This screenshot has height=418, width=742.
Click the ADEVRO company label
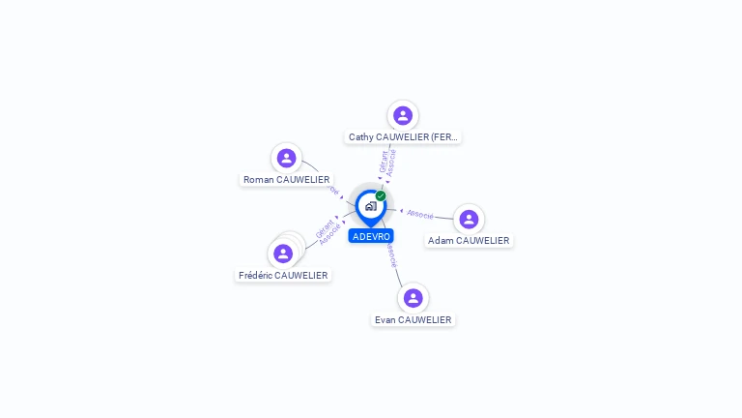(371, 236)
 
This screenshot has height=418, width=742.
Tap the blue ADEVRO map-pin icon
(370, 206)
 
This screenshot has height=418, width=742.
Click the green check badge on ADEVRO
(381, 195)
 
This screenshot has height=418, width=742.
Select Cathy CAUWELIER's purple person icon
(403, 115)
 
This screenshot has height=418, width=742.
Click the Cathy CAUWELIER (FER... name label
(403, 137)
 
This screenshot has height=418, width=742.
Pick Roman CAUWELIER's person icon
(286, 158)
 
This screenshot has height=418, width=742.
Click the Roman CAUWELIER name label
(286, 180)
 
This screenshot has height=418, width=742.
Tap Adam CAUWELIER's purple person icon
(469, 219)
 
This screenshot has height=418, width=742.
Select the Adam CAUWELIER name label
(469, 241)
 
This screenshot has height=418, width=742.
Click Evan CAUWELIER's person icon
(413, 298)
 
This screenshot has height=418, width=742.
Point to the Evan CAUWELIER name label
(413, 320)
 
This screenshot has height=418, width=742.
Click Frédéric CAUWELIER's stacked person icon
(283, 254)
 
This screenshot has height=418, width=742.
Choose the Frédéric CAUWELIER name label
(283, 276)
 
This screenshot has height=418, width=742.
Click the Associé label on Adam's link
(420, 213)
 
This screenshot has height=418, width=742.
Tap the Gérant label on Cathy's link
(384, 161)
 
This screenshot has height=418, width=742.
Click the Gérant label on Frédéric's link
(325, 228)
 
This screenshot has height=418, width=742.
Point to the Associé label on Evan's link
(389, 255)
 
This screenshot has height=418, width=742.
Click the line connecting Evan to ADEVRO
(397, 276)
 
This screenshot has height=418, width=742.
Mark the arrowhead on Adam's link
(402, 210)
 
